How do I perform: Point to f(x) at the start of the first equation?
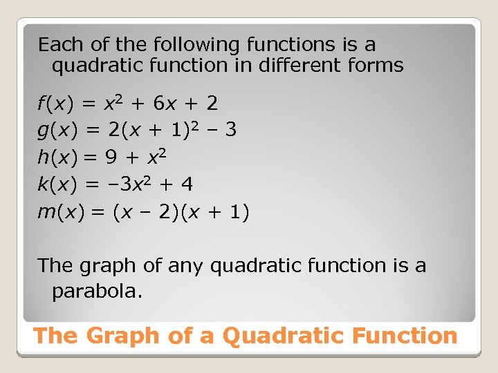(55, 104)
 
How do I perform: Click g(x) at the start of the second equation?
(55, 131)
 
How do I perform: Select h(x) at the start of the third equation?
(55, 157)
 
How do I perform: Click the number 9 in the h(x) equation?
(111, 157)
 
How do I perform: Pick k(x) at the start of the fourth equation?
(55, 184)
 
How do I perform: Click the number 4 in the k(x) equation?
(186, 184)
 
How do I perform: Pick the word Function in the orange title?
(405, 336)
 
